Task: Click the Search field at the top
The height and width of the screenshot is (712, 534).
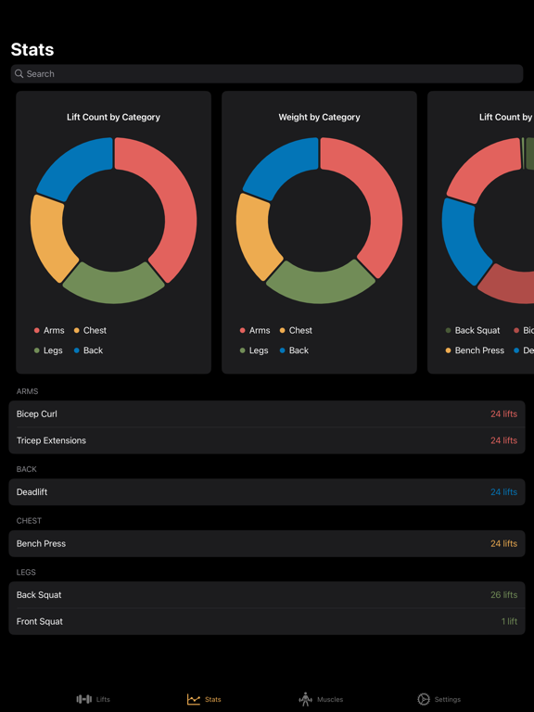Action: tap(267, 74)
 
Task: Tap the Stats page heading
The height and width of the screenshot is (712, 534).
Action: tap(32, 50)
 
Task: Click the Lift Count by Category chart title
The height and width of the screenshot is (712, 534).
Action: tap(113, 118)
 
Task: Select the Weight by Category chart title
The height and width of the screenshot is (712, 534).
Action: tap(319, 118)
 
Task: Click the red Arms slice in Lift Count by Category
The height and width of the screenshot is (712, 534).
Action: tap(172, 204)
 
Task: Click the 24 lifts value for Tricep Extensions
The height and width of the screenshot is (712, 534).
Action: tap(503, 440)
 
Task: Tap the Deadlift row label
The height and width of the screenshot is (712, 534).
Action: tap(32, 492)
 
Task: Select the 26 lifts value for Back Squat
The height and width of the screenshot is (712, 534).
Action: tap(503, 595)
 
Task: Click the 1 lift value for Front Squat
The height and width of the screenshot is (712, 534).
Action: tap(509, 621)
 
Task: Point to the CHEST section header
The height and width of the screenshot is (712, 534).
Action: tap(29, 521)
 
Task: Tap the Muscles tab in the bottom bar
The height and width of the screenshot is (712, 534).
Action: tap(321, 699)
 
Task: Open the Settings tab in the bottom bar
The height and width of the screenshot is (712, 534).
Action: tap(439, 699)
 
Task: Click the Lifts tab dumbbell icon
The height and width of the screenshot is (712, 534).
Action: tap(84, 699)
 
